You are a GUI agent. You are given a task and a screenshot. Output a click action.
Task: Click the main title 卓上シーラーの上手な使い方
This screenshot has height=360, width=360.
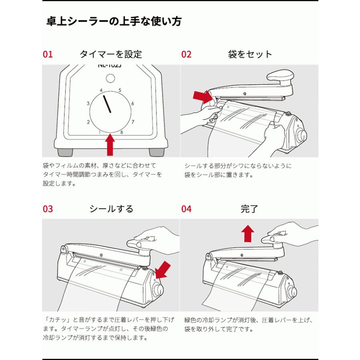114,21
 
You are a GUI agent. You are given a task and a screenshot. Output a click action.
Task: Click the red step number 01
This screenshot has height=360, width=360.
48,54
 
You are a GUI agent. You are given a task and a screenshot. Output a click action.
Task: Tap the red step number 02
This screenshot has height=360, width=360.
186,54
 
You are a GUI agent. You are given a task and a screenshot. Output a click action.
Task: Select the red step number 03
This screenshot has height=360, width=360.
48,209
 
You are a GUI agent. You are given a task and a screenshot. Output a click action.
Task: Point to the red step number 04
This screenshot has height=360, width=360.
186,209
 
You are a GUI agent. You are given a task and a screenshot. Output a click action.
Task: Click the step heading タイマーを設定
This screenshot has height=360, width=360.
111,54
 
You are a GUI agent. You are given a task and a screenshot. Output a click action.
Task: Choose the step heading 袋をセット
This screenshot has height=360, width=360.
250,54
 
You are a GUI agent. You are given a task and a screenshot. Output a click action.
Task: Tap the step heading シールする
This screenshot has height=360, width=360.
111,209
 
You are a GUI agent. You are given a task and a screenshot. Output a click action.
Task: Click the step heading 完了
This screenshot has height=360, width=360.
250,209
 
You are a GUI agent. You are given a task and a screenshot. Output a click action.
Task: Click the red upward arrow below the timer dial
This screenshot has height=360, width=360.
110,145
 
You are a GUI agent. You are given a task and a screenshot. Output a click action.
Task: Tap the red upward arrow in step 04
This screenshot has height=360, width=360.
248,233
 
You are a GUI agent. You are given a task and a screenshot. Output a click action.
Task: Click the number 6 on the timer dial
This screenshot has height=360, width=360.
132,104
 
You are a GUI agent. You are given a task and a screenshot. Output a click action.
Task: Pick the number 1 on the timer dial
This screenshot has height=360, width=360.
99,132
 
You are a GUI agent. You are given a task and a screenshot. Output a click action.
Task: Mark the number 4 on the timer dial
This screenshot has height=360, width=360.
101,90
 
